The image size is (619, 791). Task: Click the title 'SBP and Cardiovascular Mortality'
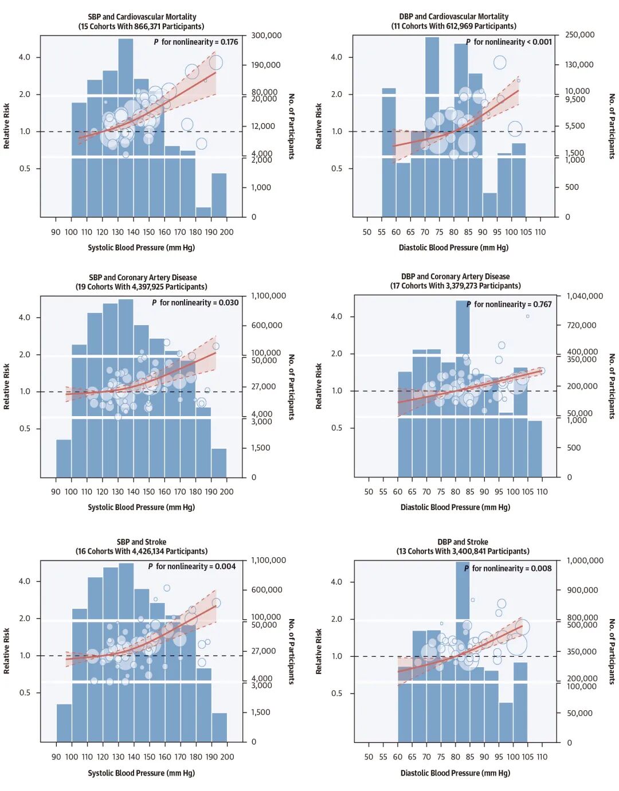pyautogui.click(x=142, y=17)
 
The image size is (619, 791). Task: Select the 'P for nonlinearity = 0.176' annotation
pyautogui.click(x=196, y=42)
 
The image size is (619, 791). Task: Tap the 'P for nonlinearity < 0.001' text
pyautogui.click(x=509, y=42)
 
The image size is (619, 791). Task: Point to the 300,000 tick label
pyautogui.click(x=267, y=36)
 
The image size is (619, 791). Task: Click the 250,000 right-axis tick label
pyautogui.click(x=579, y=35)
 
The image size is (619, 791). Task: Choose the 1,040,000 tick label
pyautogui.click(x=585, y=296)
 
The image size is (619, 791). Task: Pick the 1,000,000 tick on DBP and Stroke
pyautogui.click(x=585, y=561)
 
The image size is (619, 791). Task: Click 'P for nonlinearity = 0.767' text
pyautogui.click(x=509, y=304)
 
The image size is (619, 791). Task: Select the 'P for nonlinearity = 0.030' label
pyautogui.click(x=195, y=303)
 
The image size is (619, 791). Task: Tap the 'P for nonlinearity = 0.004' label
pyautogui.click(x=192, y=566)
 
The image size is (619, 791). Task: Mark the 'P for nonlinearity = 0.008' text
pyautogui.click(x=508, y=569)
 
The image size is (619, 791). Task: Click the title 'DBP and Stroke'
pyautogui.click(x=463, y=542)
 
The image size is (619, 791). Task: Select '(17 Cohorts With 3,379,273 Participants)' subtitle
pyautogui.click(x=456, y=286)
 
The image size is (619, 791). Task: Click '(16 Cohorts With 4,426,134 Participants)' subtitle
pyautogui.click(x=142, y=551)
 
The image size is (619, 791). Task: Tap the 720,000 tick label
pyautogui.click(x=581, y=326)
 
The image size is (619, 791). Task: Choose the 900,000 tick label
pyautogui.click(x=582, y=590)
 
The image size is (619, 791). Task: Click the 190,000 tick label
pyautogui.click(x=266, y=65)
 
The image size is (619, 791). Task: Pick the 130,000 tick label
pyautogui.click(x=579, y=65)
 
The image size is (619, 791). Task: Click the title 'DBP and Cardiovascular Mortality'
pyautogui.click(x=454, y=17)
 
